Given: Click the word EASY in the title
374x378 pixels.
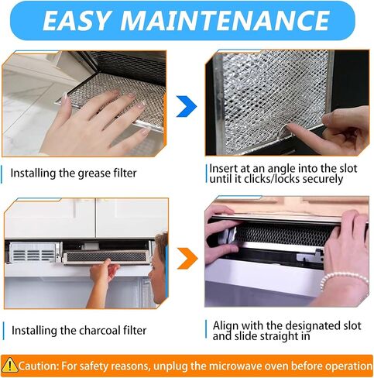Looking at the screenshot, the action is [76, 21].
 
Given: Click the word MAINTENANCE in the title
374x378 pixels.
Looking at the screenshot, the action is [225, 21].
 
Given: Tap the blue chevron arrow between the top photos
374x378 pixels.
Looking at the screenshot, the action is [187, 106].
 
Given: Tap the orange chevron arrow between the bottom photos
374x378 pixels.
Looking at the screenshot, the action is [187, 259].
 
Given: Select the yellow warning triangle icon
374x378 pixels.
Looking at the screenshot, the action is [9, 365].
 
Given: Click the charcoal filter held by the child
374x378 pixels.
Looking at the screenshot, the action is [107, 257].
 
